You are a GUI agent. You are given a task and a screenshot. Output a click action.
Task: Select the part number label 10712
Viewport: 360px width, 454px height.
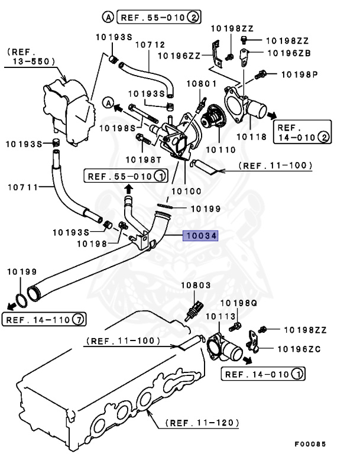tap(150, 44)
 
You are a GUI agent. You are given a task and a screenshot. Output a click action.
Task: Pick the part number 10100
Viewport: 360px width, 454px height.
tap(186, 191)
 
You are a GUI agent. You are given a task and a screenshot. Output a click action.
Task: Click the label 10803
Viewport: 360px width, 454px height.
tap(196, 286)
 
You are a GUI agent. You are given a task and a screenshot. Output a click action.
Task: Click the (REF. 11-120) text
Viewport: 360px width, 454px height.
tap(202, 423)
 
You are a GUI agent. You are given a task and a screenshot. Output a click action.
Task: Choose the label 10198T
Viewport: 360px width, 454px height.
tap(142, 158)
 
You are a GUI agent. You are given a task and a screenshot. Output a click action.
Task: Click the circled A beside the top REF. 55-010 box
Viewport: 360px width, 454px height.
tap(109, 17)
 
